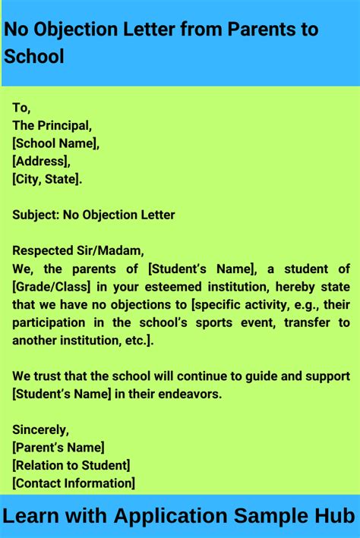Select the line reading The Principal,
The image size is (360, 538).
click(52, 125)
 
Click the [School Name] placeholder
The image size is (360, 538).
click(55, 143)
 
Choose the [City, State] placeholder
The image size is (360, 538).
click(46, 179)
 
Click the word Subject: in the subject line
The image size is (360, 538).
click(35, 215)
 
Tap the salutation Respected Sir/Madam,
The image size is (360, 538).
click(77, 250)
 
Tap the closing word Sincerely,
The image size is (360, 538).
click(40, 429)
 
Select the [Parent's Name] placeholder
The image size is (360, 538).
click(58, 448)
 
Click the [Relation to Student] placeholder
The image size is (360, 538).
click(71, 465)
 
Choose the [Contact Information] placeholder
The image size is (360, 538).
click(73, 483)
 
